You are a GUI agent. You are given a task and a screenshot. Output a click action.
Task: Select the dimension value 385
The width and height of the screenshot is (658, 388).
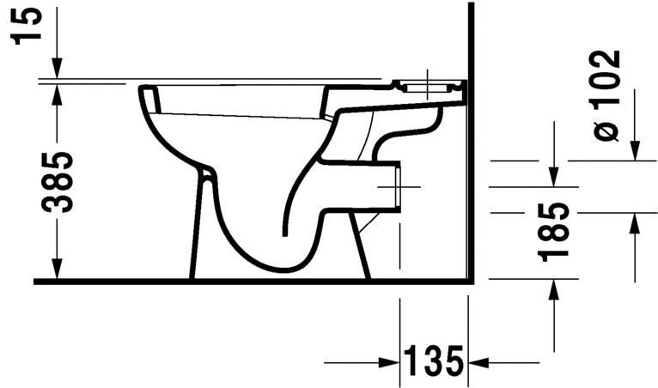[x=57, y=182]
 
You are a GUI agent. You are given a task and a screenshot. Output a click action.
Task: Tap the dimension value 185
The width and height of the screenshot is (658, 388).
[x=553, y=233]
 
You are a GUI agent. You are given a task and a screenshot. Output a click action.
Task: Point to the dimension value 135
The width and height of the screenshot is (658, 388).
[x=434, y=361]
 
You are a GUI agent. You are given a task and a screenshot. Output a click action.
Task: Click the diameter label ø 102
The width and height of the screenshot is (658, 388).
[x=606, y=95]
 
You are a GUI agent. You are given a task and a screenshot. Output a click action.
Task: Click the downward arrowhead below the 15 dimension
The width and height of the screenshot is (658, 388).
[x=57, y=69]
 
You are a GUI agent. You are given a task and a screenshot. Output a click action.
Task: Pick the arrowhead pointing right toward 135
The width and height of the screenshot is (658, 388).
[x=388, y=362]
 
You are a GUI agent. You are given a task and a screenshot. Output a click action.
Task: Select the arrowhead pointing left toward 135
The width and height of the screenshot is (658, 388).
[x=478, y=362]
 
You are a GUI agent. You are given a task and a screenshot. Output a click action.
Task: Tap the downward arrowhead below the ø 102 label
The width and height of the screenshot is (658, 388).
[x=635, y=150]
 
